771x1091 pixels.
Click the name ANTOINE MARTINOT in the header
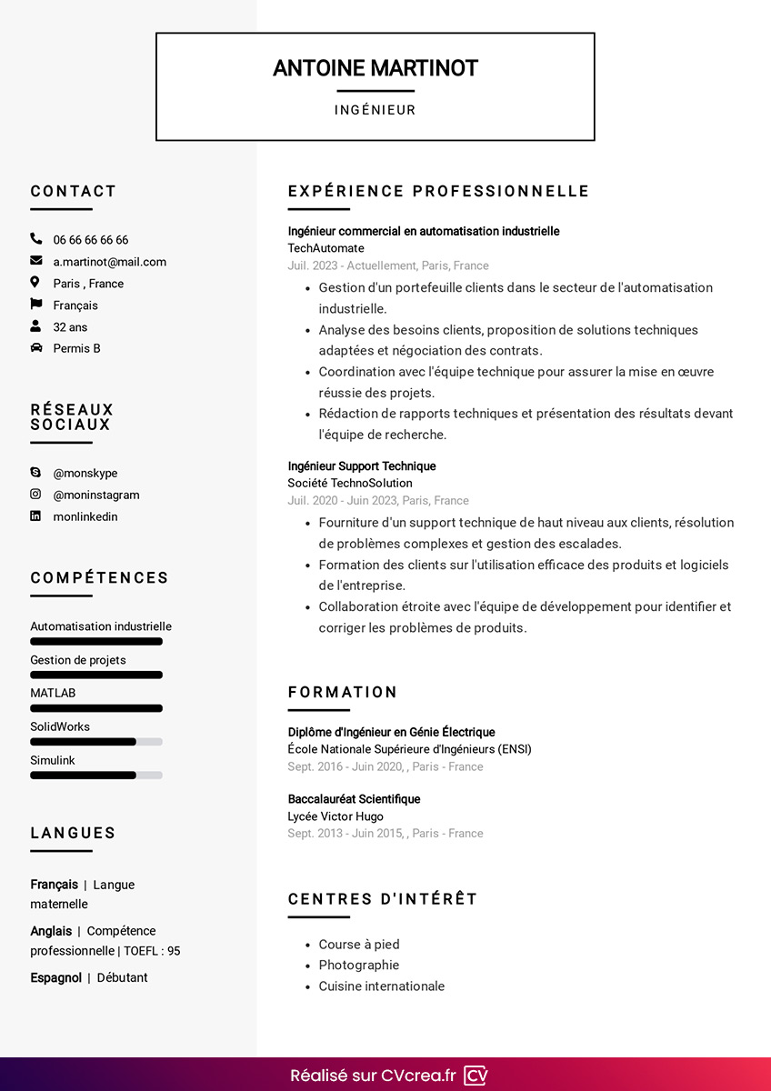pos(375,68)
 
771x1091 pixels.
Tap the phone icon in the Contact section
pos(36,239)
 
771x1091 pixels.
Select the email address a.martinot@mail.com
pos(109,262)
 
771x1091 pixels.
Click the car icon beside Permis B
pos(36,348)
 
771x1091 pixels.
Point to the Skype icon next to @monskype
pos(36,473)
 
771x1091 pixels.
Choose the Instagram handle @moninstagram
pos(96,495)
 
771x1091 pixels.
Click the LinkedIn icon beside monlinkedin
pos(36,516)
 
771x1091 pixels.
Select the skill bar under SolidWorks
pos(95,742)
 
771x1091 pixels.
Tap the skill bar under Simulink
pos(95,776)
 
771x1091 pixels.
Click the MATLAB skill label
pos(53,693)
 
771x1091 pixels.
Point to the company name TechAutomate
pos(325,248)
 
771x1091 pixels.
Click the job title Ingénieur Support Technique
pos(362,466)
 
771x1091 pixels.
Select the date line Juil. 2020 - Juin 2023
pos(378,500)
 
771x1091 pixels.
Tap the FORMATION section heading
pos(343,692)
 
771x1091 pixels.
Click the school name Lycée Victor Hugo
pos(335,816)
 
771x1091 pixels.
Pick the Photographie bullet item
pos(358,965)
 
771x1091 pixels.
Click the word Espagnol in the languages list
pos(55,977)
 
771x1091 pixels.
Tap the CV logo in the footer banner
pos(476,1076)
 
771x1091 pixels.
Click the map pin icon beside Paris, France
pos(35,283)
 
